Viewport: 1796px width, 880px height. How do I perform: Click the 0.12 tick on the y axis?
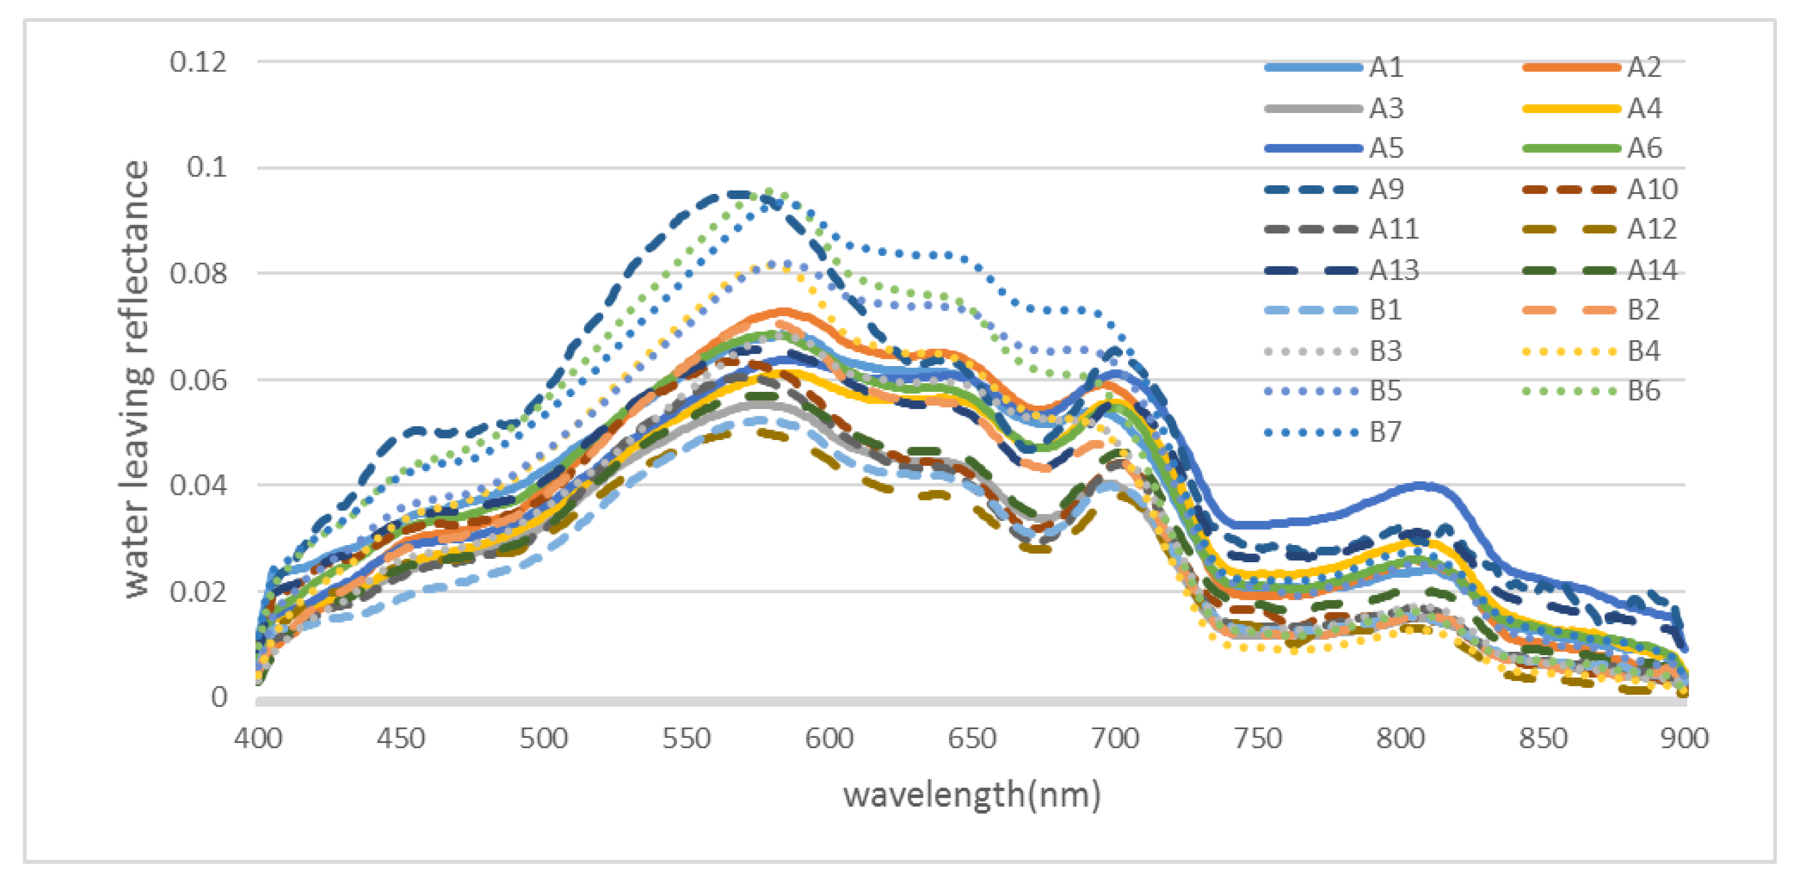coord(198,63)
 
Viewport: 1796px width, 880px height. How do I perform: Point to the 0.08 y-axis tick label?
coord(198,274)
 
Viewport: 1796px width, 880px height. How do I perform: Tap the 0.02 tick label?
coord(198,592)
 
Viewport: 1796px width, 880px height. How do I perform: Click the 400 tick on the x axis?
coord(258,738)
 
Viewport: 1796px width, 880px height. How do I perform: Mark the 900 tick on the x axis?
coord(1684,738)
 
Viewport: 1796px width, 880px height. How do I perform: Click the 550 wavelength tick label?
coord(686,738)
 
